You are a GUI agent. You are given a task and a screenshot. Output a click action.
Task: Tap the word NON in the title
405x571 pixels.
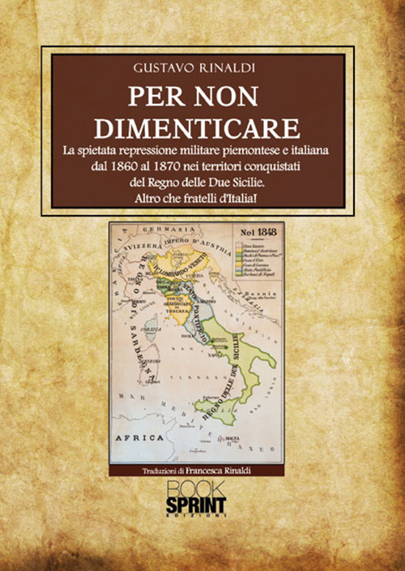tap(235, 96)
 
